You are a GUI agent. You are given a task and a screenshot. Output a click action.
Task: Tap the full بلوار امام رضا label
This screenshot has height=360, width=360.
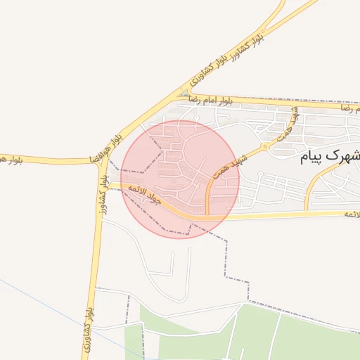point(210,101)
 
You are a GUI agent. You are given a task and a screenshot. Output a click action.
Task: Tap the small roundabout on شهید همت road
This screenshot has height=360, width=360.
point(265,146)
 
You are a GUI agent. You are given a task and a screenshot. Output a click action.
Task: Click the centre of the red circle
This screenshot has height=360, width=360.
point(180,179)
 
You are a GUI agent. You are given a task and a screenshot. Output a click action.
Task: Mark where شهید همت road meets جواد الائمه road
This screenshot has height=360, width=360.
point(207,216)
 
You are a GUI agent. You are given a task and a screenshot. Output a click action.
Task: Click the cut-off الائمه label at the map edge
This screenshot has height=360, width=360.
point(351,212)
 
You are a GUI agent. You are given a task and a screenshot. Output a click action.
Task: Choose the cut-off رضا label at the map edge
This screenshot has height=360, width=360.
point(349,109)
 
